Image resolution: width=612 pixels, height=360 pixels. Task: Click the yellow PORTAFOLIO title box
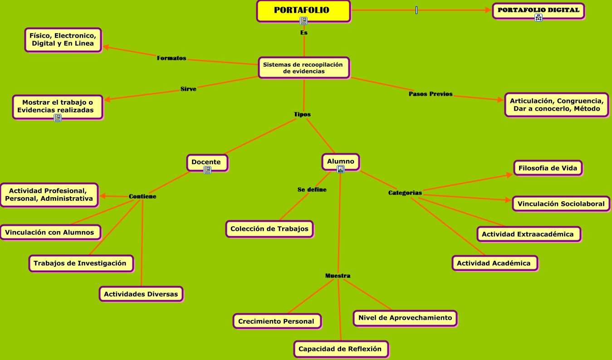pyautogui.click(x=303, y=10)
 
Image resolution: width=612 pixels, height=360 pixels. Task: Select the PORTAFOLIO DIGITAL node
pyautogui.click(x=538, y=10)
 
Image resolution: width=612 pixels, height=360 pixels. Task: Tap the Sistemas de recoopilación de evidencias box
pyautogui.click(x=303, y=68)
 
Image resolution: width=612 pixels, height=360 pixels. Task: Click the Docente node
pyautogui.click(x=206, y=162)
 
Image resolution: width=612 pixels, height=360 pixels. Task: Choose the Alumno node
pyautogui.click(x=340, y=161)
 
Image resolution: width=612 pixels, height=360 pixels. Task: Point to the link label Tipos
pyautogui.click(x=302, y=114)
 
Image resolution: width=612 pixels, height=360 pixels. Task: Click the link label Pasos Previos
pyautogui.click(x=431, y=94)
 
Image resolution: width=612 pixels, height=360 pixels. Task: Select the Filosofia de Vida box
pyautogui.click(x=548, y=168)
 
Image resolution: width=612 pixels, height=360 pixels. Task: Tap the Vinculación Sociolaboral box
pyautogui.click(x=561, y=204)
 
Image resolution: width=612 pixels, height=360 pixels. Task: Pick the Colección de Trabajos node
pyautogui.click(x=269, y=229)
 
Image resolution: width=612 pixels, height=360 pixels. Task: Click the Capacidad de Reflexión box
pyautogui.click(x=341, y=349)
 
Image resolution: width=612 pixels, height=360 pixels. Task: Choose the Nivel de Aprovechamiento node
pyautogui.click(x=405, y=318)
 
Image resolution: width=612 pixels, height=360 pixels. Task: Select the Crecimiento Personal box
pyautogui.click(x=276, y=321)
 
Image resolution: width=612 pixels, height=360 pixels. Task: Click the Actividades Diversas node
pyautogui.click(x=141, y=294)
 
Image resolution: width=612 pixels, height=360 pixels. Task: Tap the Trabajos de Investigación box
pyautogui.click(x=80, y=263)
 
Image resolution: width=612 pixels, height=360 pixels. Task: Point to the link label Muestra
pyautogui.click(x=338, y=276)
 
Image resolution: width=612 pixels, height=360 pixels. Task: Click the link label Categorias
pyautogui.click(x=405, y=193)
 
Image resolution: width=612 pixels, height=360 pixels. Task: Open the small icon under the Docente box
pyautogui.click(x=207, y=170)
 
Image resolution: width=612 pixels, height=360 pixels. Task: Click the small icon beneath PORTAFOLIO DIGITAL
pyautogui.click(x=539, y=18)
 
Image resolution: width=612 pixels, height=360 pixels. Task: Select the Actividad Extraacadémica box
pyautogui.click(x=529, y=234)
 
